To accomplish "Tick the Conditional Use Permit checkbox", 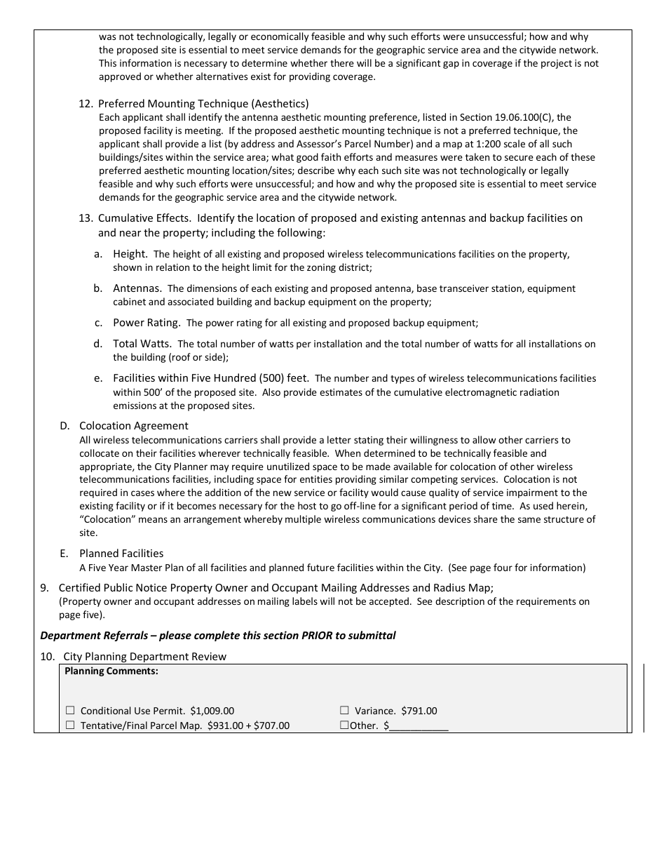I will (69, 711).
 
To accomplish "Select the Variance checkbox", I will (344, 711).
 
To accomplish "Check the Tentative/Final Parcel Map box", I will (69, 725).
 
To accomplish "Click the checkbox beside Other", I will (344, 725).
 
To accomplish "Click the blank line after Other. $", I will (419, 727).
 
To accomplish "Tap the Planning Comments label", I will (111, 671).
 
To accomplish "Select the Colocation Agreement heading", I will (133, 426).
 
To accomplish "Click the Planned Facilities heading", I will (121, 554).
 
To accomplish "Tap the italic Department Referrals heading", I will (218, 636).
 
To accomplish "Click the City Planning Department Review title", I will (145, 657).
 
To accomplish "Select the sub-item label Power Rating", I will (147, 323).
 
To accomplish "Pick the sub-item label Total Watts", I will (142, 344).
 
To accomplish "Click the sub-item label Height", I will (130, 254).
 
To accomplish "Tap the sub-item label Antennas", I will (137, 288).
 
